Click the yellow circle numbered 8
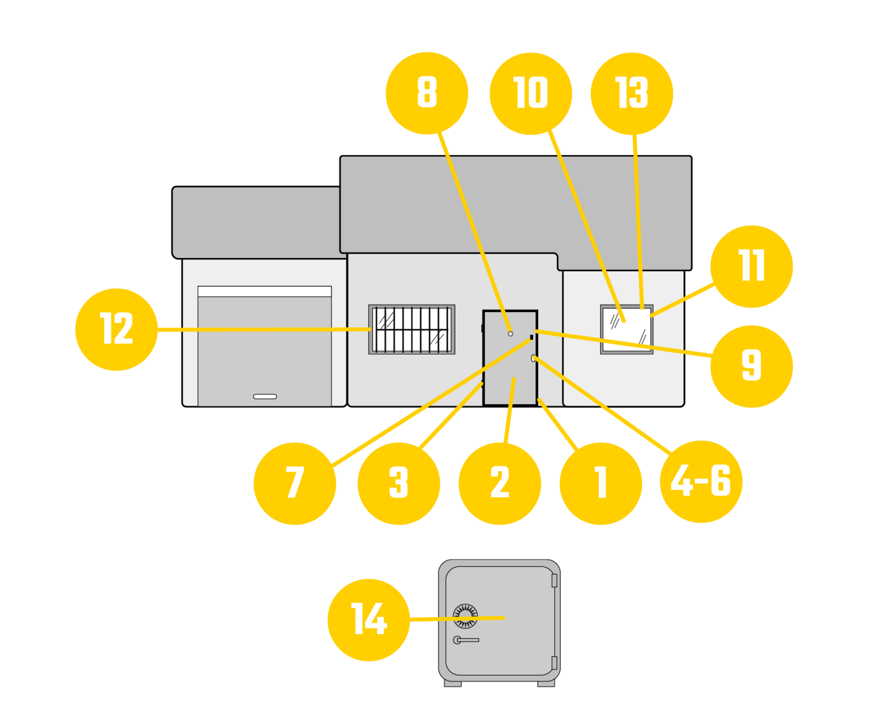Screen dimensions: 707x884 click(x=427, y=93)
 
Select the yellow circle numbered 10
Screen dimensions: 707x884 click(x=530, y=93)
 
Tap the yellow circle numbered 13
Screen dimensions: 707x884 click(x=632, y=93)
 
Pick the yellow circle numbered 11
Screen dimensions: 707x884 click(x=751, y=266)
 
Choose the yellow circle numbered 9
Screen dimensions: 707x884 click(x=751, y=366)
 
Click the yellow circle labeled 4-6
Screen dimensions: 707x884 click(x=701, y=481)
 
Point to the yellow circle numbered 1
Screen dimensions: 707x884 click(x=601, y=483)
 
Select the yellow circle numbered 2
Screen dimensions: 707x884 click(x=499, y=483)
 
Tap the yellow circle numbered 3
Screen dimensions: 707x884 click(x=398, y=483)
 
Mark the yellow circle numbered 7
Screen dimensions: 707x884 click(x=294, y=483)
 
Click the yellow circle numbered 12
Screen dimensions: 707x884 click(x=116, y=329)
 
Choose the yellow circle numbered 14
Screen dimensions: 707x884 click(x=369, y=620)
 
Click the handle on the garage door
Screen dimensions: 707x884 click(x=265, y=397)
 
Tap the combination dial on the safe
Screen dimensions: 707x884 click(x=465, y=616)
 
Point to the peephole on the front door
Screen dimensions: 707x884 click(x=510, y=334)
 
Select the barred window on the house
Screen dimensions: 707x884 click(x=412, y=330)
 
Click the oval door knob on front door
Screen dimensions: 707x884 click(x=533, y=358)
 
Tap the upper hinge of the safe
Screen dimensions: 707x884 click(x=554, y=581)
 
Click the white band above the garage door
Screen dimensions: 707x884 click(x=265, y=291)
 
